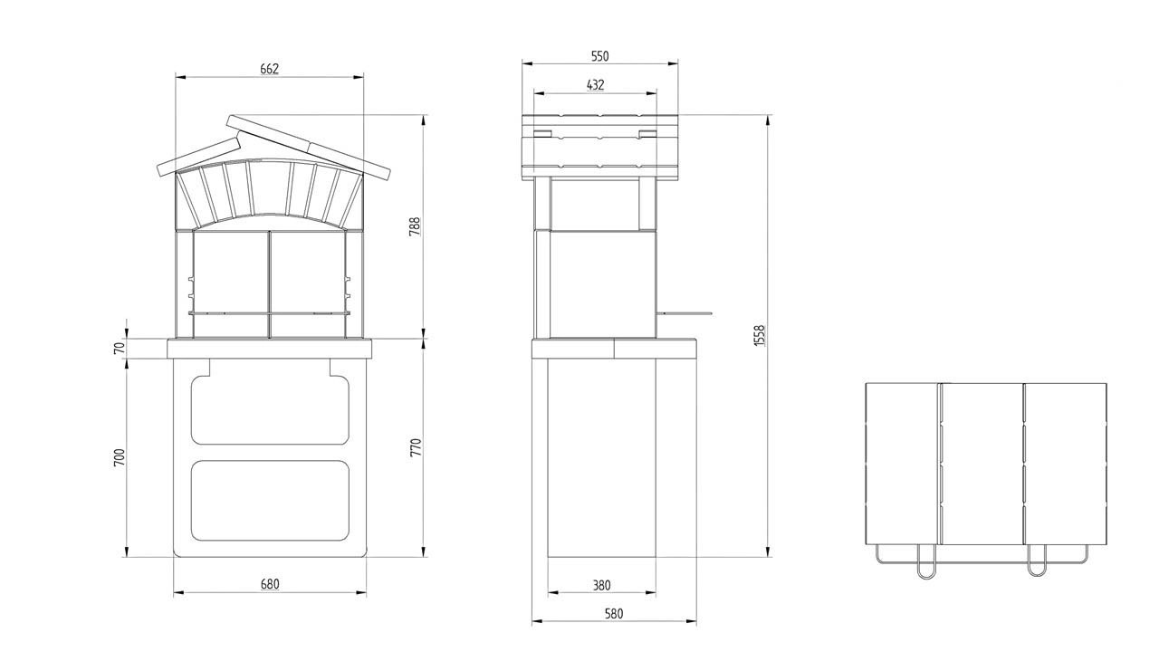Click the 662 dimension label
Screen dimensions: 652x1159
click(x=269, y=69)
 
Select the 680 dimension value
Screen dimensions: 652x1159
click(x=270, y=584)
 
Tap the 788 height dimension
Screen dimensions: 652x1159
click(x=415, y=226)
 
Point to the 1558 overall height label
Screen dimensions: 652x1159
click(x=760, y=336)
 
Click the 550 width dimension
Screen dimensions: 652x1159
click(x=599, y=56)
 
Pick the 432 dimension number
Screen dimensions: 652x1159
click(x=595, y=85)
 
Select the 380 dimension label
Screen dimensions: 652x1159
click(x=601, y=585)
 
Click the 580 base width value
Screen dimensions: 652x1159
click(x=613, y=613)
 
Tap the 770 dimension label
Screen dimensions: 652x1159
click(x=415, y=448)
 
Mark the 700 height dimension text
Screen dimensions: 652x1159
click(x=119, y=457)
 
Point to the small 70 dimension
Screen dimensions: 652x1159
click(x=119, y=348)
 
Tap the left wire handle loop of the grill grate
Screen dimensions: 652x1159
click(x=927, y=561)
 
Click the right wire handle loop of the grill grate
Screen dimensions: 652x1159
click(x=1036, y=561)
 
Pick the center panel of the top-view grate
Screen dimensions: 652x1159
click(x=982, y=463)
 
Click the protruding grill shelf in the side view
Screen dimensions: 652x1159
click(x=685, y=313)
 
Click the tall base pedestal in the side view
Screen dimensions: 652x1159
click(x=601, y=457)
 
